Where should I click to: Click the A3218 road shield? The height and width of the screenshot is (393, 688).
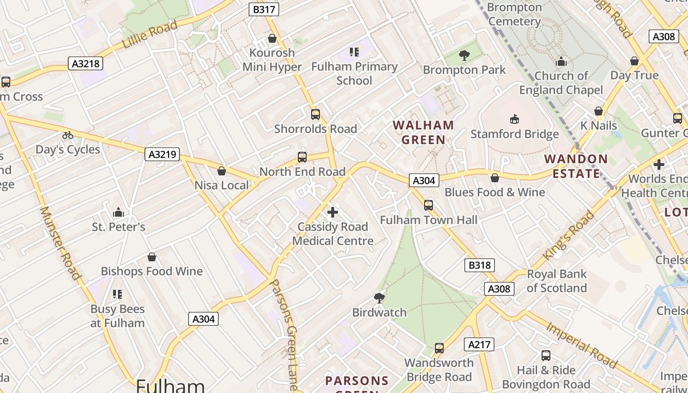tap(85, 63)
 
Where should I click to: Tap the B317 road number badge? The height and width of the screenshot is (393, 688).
tap(264, 9)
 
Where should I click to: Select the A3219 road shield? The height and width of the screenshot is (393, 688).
tap(162, 154)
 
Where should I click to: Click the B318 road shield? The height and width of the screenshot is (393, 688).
tap(479, 265)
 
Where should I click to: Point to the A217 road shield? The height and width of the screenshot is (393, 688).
tap(479, 344)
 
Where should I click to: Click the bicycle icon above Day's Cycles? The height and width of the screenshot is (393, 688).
tap(68, 135)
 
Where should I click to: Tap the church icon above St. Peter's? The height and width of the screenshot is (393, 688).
tap(118, 212)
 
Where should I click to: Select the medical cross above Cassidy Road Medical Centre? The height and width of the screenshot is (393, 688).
tap(333, 212)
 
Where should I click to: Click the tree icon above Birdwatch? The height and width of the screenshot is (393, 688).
tap(379, 298)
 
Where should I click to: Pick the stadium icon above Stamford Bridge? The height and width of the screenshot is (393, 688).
tap(515, 119)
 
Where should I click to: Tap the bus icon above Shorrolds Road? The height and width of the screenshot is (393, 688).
tap(315, 114)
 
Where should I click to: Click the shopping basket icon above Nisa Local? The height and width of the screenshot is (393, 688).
tap(222, 171)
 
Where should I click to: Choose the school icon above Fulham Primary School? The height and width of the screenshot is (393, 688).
tap(354, 52)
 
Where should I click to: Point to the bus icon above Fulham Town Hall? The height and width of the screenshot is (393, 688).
tap(429, 205)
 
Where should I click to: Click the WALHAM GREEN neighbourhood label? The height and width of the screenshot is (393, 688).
tap(423, 132)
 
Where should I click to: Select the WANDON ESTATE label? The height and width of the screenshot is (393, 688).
tap(576, 166)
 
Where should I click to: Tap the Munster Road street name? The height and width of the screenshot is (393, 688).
tap(60, 243)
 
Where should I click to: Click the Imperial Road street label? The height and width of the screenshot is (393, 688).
tap(581, 345)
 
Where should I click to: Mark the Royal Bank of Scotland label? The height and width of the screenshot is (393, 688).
tap(557, 281)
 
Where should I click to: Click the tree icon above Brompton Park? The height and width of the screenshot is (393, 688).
tap(464, 56)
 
